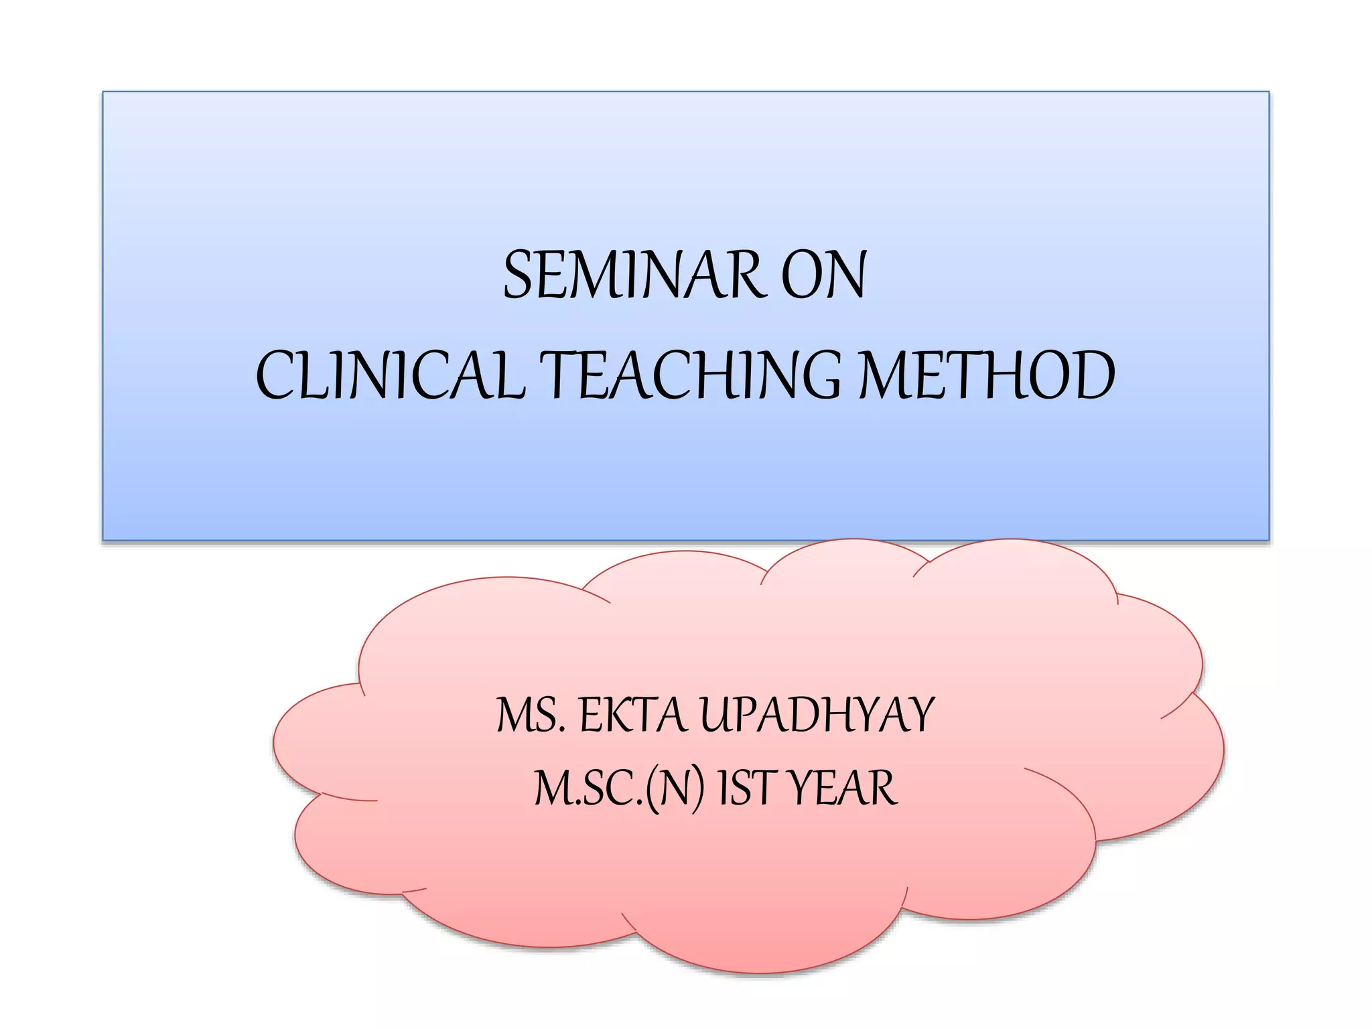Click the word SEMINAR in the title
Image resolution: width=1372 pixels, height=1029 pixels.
point(633,275)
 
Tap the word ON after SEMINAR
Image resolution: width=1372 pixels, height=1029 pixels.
point(824,275)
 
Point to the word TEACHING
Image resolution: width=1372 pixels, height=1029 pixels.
point(690,376)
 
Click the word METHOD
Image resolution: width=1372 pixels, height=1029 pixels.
point(987,376)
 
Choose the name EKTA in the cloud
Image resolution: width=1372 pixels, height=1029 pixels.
point(633,715)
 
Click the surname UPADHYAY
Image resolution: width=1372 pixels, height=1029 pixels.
point(817,715)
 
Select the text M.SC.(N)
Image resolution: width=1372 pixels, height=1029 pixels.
point(620,789)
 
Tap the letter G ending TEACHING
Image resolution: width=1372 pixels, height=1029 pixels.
point(819,376)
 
